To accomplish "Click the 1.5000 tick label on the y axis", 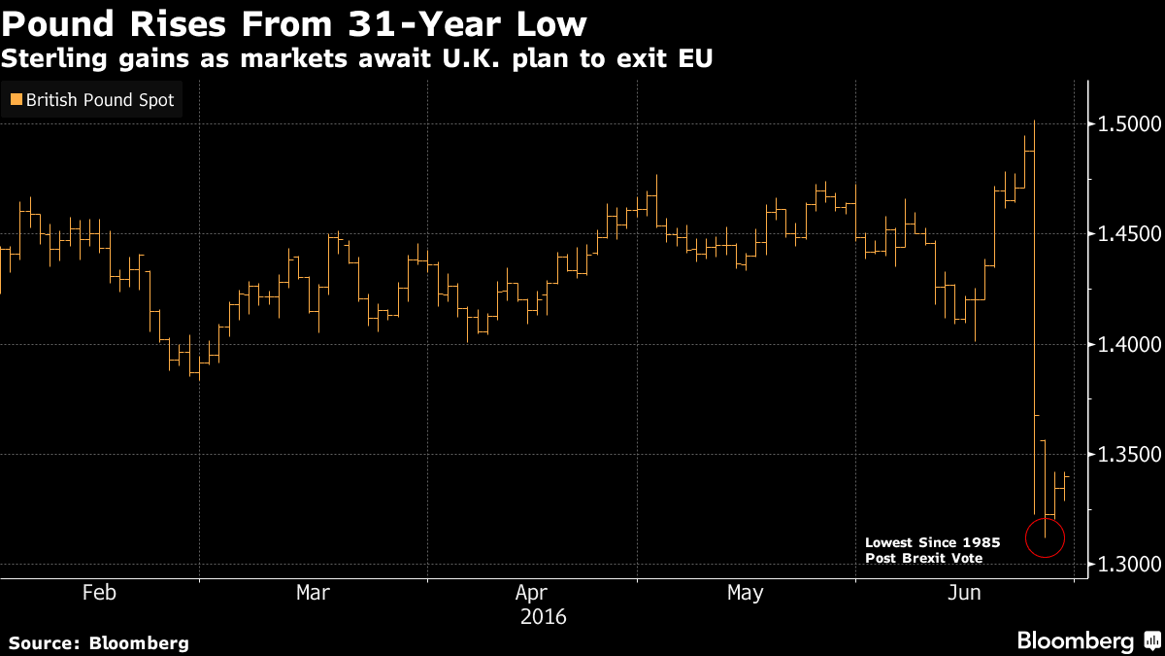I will (1126, 124).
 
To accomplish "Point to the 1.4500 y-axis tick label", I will (1126, 234).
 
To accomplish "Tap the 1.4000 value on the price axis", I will (1126, 345).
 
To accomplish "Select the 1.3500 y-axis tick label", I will (1126, 455).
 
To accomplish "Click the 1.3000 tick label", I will (1126, 565).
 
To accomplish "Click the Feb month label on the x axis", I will (99, 593).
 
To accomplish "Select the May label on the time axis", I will (745, 593).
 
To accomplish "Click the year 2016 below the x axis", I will (544, 617).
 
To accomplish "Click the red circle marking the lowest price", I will (1045, 536).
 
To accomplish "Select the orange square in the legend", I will (16, 99).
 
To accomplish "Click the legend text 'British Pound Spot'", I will (99, 99).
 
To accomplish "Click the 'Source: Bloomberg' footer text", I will (99, 642).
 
